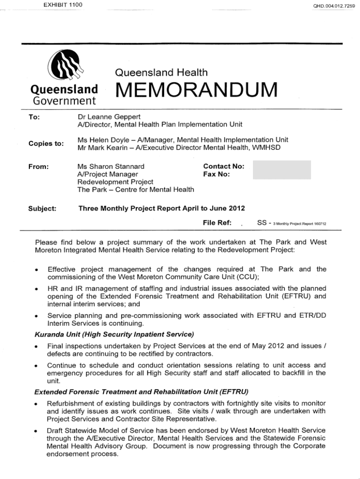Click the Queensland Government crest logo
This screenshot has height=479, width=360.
pos(66,65)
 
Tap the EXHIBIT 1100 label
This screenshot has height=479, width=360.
pos(63,5)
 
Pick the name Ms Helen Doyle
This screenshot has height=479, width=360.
pos(101,140)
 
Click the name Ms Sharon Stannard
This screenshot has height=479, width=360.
pos(111,166)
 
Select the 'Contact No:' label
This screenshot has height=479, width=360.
pos(224,166)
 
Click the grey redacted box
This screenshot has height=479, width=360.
pos(281,170)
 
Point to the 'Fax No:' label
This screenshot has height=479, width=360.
pos(216,174)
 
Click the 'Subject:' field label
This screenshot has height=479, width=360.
pos(42,209)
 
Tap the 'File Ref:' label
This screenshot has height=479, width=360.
pos(217,223)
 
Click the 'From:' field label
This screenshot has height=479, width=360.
pos(38,166)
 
